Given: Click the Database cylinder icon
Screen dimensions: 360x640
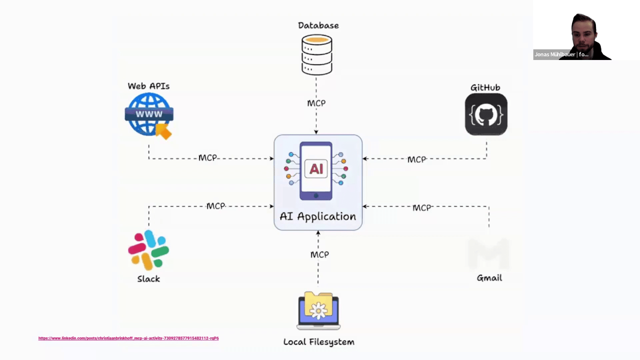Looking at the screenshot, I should tap(317, 55).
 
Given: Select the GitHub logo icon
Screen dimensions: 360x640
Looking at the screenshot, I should tap(486, 115).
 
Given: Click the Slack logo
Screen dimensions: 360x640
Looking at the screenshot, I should tap(148, 250).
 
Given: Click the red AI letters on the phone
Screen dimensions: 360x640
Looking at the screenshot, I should tap(316, 169).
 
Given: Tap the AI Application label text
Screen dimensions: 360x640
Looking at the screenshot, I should tap(318, 216).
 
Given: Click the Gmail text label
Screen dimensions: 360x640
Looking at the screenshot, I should tap(489, 278).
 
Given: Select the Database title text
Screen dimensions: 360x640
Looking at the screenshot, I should tap(318, 26).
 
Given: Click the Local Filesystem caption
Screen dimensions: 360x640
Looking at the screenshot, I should tap(319, 342).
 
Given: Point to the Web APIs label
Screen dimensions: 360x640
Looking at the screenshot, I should tap(149, 86).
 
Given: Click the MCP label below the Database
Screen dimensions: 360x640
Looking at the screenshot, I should tap(316, 103).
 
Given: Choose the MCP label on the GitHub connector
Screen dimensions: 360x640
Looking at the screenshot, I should tap(417, 160).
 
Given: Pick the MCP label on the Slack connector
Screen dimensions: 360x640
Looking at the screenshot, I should tap(216, 206).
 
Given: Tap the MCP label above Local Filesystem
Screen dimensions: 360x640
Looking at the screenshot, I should tap(320, 255).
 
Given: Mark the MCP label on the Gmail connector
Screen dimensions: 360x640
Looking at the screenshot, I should tap(422, 208).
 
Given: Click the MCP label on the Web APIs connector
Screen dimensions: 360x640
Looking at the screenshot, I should tap(208, 158).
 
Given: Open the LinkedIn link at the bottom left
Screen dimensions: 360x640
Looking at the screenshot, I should tap(128, 338).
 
